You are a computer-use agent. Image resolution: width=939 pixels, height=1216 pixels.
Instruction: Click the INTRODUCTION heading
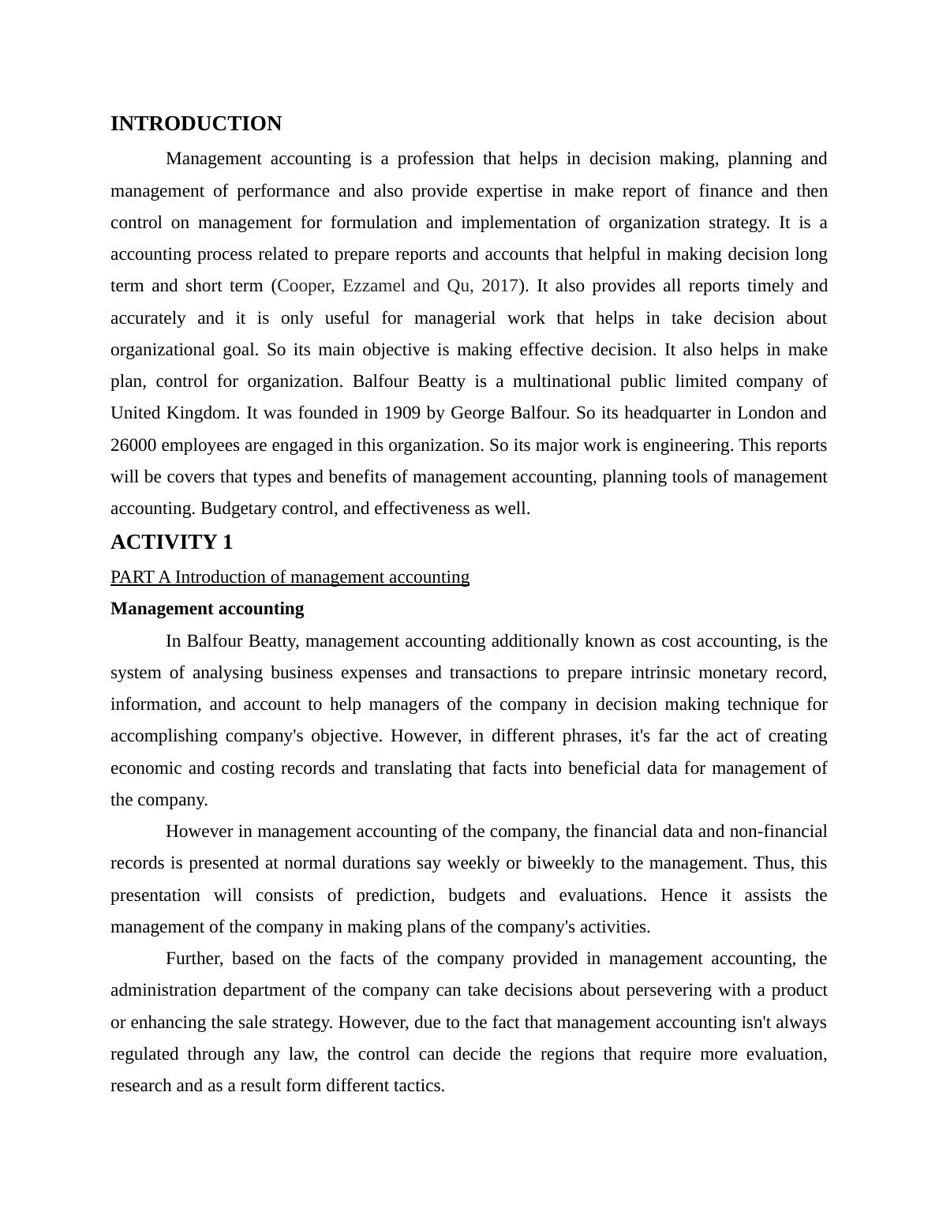tap(196, 124)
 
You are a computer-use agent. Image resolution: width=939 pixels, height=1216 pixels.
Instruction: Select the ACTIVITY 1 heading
tap(171, 542)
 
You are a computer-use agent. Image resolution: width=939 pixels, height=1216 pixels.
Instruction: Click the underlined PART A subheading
tap(290, 577)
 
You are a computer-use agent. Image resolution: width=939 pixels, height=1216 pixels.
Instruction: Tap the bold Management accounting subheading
tap(207, 609)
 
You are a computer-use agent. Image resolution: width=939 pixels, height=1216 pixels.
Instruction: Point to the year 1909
tap(402, 413)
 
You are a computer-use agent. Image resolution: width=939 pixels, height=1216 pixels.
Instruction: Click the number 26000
tap(133, 445)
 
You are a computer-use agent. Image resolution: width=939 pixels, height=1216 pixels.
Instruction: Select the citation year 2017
tap(499, 286)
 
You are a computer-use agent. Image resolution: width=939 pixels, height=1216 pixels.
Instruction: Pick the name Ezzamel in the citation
tap(374, 286)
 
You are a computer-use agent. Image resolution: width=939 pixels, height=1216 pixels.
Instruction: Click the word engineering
tap(687, 445)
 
